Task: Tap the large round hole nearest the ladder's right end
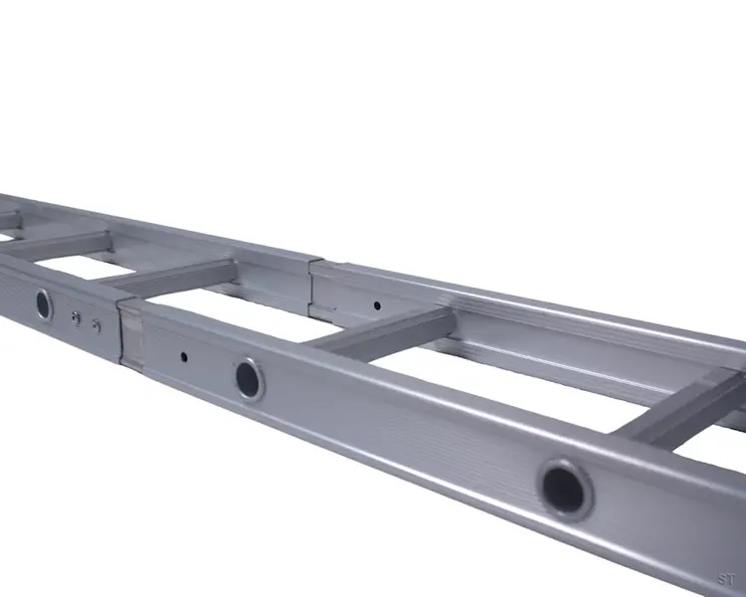click(566, 488)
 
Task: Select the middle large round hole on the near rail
click(249, 378)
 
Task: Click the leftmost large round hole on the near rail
click(44, 303)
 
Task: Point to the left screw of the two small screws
click(77, 317)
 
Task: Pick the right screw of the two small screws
click(95, 323)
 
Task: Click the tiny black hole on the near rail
click(184, 355)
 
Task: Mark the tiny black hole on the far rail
click(376, 304)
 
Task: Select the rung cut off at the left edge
click(8, 221)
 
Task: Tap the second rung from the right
click(383, 331)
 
